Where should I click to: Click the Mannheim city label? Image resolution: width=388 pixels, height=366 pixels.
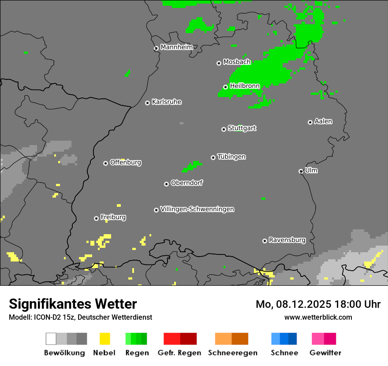pyautogui.click(x=176, y=47)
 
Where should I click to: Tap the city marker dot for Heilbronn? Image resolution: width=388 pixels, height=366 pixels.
pyautogui.click(x=225, y=87)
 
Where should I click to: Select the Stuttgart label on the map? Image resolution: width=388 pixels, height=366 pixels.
pyautogui.click(x=242, y=128)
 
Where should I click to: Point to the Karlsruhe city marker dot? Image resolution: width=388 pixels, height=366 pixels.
pyautogui.click(x=147, y=103)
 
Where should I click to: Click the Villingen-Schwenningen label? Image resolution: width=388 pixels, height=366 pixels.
pyautogui.click(x=197, y=209)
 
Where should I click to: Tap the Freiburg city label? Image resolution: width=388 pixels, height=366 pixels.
pyautogui.click(x=113, y=217)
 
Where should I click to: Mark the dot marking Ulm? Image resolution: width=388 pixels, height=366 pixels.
pyautogui.click(x=301, y=171)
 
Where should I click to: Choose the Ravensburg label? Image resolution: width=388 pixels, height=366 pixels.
pyautogui.click(x=287, y=240)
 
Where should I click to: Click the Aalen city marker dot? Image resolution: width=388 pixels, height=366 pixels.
pyautogui.click(x=310, y=122)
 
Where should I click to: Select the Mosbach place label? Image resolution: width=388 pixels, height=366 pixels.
pyautogui.click(x=237, y=62)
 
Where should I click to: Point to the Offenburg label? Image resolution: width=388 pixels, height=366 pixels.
pyautogui.click(x=125, y=162)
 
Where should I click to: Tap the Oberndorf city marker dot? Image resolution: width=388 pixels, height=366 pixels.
pyautogui.click(x=166, y=184)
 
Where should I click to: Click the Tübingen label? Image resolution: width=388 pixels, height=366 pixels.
pyautogui.click(x=231, y=157)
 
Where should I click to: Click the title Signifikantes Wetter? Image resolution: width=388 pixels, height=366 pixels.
pyautogui.click(x=73, y=304)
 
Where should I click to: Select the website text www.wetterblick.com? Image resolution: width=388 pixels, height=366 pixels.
pyautogui.click(x=318, y=317)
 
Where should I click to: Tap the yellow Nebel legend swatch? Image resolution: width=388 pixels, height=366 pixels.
pyautogui.click(x=104, y=339)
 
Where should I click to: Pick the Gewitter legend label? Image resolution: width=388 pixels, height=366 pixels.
pyautogui.click(x=325, y=353)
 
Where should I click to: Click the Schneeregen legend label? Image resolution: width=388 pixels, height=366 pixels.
pyautogui.click(x=232, y=353)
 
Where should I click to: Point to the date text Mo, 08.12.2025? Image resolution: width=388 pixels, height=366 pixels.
pyautogui.click(x=294, y=304)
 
